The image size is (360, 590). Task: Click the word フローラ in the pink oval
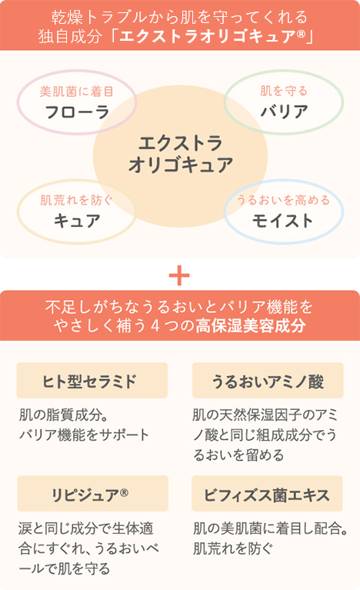77,112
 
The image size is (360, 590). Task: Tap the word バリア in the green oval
285,112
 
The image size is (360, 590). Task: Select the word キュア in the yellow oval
77,221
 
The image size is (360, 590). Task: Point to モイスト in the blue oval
283,221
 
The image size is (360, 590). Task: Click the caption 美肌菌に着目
77,92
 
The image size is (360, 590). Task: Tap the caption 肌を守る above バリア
284,91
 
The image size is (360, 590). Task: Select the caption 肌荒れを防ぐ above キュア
77,200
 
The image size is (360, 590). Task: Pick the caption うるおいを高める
283,200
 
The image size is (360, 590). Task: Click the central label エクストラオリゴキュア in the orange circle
180,155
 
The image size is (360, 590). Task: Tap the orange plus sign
179,275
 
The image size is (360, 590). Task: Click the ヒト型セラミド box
92,381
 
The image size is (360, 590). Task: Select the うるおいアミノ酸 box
268,381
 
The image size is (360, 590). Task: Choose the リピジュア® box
92,493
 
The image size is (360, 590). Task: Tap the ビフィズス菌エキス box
267,493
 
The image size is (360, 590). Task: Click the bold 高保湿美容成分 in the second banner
251,326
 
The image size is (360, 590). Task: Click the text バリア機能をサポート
85,435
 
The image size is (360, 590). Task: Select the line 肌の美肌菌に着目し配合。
270,528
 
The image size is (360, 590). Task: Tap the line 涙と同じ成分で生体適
86,528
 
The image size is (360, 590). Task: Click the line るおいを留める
238,455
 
